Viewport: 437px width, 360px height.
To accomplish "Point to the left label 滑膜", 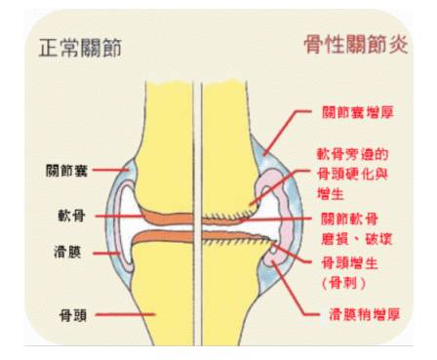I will point(68,252).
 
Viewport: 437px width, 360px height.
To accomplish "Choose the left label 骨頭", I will point(68,315).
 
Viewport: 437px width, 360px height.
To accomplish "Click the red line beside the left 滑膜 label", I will point(106,252).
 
